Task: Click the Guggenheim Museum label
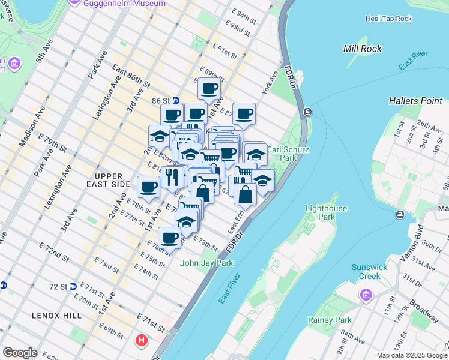(x=125, y=4)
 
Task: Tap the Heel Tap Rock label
(x=388, y=19)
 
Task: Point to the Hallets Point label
(x=415, y=100)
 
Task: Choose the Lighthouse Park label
(x=326, y=212)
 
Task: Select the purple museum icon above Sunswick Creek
(x=364, y=295)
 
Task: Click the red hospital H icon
(x=142, y=341)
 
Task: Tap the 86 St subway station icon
(x=176, y=100)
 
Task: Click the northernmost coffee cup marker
(x=209, y=89)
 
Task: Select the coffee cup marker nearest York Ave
(x=244, y=114)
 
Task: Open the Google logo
(x=20, y=353)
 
